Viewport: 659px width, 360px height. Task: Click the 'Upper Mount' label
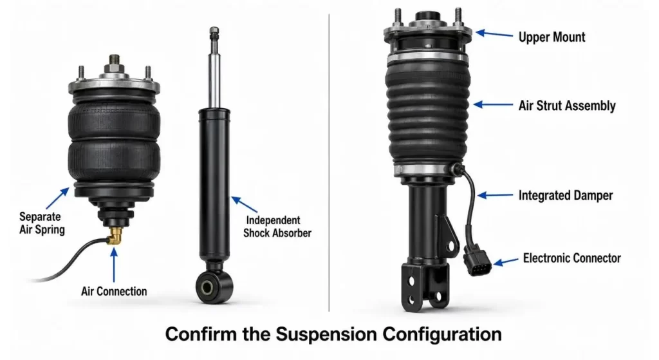tap(552, 37)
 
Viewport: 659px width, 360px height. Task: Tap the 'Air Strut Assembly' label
tap(567, 106)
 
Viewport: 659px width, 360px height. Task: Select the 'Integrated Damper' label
tap(565, 196)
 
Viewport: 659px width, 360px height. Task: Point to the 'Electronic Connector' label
tap(571, 258)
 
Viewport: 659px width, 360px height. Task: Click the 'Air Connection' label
tap(114, 291)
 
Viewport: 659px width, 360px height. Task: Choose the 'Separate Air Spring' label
tap(42, 223)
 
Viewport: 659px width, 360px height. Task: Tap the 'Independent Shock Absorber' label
tap(277, 226)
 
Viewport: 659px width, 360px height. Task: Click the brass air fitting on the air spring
tap(114, 236)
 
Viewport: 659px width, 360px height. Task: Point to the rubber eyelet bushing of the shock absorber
tap(214, 287)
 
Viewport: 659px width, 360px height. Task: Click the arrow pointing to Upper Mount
tap(494, 34)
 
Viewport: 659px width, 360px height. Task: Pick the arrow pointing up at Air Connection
tap(113, 265)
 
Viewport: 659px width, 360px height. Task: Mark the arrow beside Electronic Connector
tap(506, 261)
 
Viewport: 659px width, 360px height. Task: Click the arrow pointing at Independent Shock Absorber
tap(244, 204)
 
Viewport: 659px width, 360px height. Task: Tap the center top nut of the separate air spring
tap(114, 64)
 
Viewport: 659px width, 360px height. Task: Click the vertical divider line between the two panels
tap(329, 162)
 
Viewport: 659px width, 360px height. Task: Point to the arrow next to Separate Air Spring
tap(57, 198)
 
